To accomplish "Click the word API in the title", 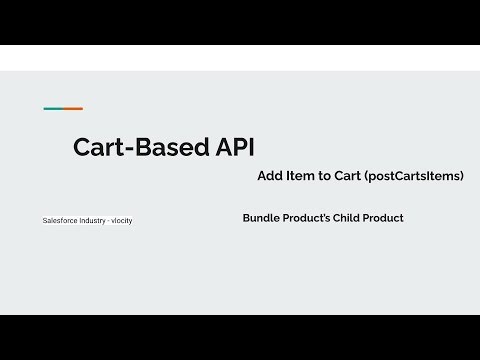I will click(x=232, y=148).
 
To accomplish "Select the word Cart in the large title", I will click(x=98, y=148).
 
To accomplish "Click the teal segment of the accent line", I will click(x=53, y=108).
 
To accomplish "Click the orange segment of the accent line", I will click(x=73, y=108).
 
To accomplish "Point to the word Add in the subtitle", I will click(x=270, y=175).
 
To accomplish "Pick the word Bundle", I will click(x=262, y=217).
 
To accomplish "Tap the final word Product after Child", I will click(x=387, y=217).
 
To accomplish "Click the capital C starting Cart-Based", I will click(x=82, y=148).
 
